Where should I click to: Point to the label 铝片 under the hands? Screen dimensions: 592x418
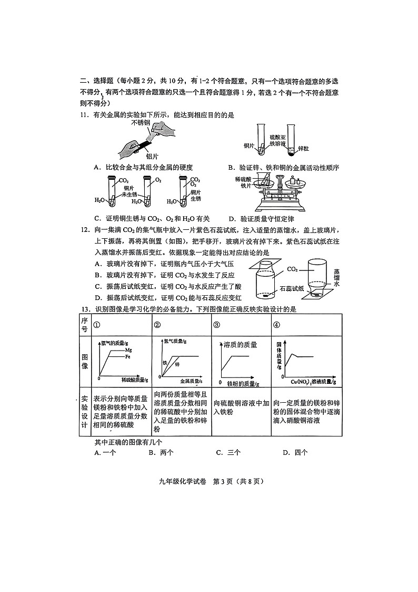coord(152,156)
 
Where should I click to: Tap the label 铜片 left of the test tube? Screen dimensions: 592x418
coord(249,145)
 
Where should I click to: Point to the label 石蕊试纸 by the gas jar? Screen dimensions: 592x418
coord(291,288)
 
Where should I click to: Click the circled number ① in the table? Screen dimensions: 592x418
coord(96,325)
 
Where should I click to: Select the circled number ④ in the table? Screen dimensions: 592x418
coord(277,325)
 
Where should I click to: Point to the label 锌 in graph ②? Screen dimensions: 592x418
coord(177,365)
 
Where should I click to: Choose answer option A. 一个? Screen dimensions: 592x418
coord(105,452)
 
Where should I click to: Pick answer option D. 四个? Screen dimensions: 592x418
coord(295,452)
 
